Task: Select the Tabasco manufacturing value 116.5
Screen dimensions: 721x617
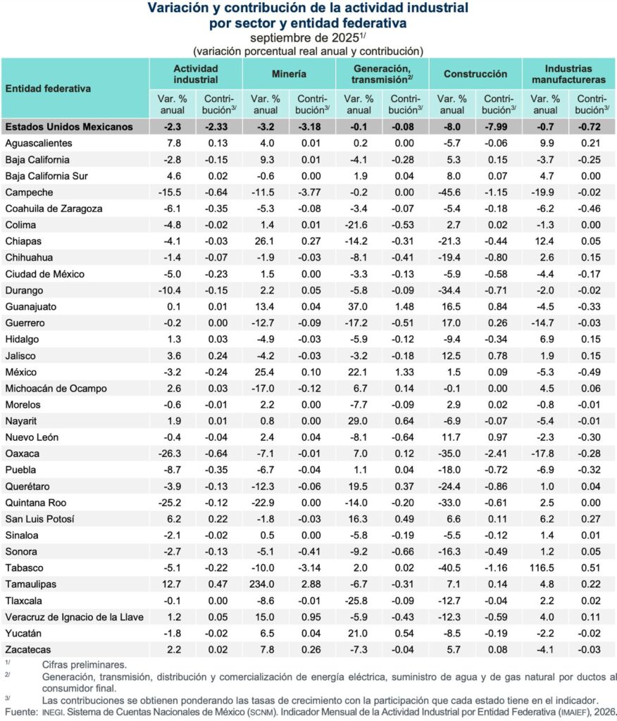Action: click(545, 568)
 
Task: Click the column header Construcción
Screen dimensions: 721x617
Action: click(475, 73)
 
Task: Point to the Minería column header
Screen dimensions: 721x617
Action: click(288, 73)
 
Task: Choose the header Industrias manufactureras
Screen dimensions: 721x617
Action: click(568, 74)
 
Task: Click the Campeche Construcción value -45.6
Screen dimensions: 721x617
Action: click(452, 192)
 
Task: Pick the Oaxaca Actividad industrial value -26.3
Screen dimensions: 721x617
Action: click(172, 453)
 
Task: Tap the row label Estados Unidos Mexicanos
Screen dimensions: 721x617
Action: click(69, 127)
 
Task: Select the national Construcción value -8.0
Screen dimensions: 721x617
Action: click(452, 127)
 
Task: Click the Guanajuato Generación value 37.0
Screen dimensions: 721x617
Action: click(359, 306)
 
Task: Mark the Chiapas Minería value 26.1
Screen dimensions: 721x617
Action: click(266, 242)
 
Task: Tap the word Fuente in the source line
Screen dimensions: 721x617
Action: click(18, 713)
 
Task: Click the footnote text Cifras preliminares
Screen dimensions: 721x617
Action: click(84, 664)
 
